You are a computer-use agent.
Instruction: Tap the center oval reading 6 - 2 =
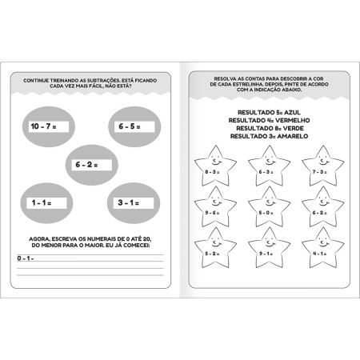91,164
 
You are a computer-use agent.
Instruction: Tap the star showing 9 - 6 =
214,210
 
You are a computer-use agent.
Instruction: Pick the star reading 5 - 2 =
214,250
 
